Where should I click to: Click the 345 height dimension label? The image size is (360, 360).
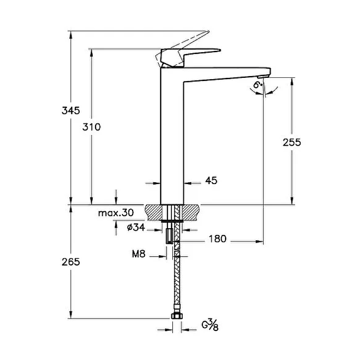click(71, 111)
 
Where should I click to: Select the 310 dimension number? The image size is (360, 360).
click(91, 127)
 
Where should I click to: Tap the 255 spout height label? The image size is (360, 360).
click(292, 142)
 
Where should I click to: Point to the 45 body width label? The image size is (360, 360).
click(211, 180)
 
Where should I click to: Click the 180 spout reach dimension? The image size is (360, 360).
click(217, 239)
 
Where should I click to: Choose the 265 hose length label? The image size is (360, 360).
click(71, 262)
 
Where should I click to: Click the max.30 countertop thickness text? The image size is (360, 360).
click(116, 213)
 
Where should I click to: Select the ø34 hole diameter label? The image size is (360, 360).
click(136, 227)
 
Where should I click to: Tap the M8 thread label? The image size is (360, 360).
click(139, 254)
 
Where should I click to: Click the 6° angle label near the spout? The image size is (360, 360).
click(257, 85)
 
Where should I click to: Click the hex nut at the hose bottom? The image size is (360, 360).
click(177, 316)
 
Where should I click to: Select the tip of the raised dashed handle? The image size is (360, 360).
click(209, 31)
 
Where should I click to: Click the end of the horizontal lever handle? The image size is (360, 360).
click(220, 50)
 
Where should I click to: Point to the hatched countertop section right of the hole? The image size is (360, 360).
click(190, 212)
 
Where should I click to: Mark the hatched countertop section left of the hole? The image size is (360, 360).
click(153, 212)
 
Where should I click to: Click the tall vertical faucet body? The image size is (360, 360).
click(172, 135)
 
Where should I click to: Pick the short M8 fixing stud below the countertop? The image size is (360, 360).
click(169, 236)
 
